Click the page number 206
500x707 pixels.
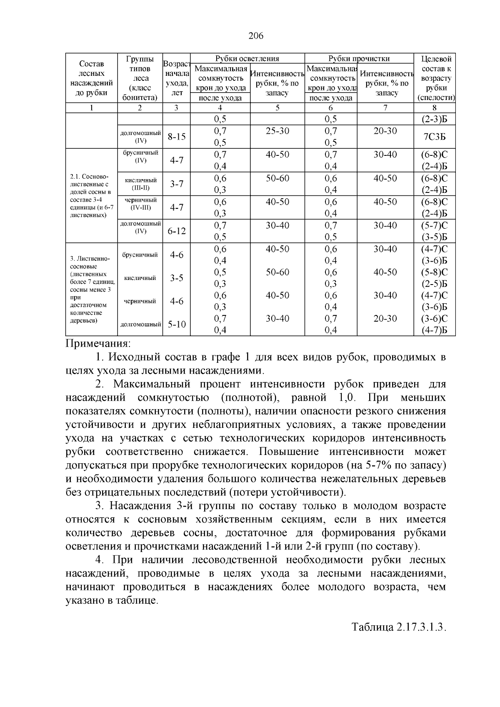(x=255, y=36)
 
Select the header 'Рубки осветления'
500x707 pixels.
(x=247, y=59)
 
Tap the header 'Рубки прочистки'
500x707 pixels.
(x=359, y=59)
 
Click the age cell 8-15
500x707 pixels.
(x=176, y=137)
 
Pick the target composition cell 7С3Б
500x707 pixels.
(x=434, y=137)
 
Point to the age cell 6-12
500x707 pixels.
(x=176, y=231)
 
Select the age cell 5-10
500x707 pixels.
(x=176, y=324)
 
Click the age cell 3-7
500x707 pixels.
(x=176, y=184)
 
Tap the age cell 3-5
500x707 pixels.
(x=176, y=278)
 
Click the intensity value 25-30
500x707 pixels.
(x=277, y=131)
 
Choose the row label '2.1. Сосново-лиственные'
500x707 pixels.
(x=91, y=196)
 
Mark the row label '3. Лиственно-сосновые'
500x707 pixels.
(x=91, y=290)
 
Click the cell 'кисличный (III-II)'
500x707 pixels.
(x=140, y=184)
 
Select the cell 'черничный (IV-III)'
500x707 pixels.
(x=140, y=204)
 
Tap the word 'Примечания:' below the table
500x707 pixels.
(x=98, y=344)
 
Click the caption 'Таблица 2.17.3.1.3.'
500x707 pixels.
(x=399, y=627)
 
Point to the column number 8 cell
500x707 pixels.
(x=434, y=108)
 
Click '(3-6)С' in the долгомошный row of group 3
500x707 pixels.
(x=434, y=319)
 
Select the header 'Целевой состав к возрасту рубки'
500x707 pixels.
(x=436, y=78)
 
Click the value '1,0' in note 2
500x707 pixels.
(x=347, y=397)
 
